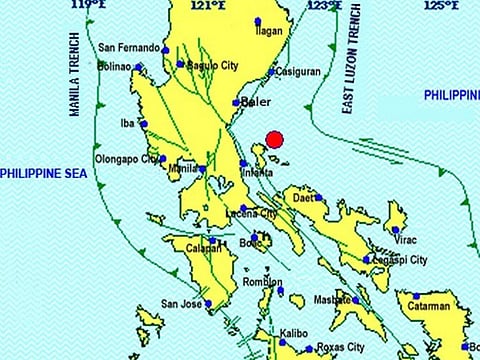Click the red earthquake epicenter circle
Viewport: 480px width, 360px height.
[275, 142]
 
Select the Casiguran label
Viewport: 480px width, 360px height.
[297, 71]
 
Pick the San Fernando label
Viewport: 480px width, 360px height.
[129, 48]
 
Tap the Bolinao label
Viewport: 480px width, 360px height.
[114, 67]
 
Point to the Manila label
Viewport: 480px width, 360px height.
[184, 168]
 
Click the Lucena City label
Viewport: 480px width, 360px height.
[253, 213]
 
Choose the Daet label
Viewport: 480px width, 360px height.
[301, 198]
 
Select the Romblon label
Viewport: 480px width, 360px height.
[262, 281]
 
